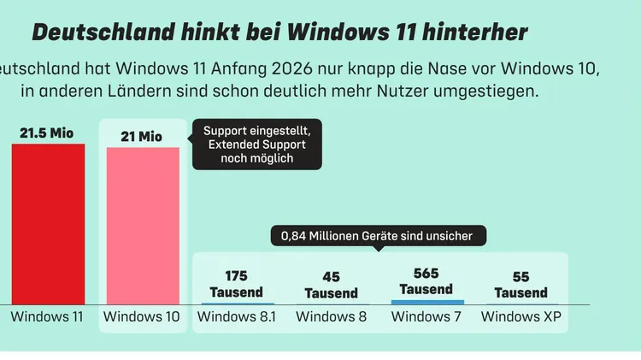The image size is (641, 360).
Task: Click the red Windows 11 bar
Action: (x=48, y=224)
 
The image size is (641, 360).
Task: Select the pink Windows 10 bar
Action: (x=143, y=226)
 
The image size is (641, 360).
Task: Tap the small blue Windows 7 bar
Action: (x=427, y=302)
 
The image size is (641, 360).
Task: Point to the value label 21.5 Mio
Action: (x=48, y=133)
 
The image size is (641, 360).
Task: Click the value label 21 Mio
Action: (x=143, y=137)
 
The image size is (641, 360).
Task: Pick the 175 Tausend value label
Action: (x=237, y=284)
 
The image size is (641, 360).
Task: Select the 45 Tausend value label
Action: (x=331, y=285)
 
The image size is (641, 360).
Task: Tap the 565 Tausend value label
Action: (x=426, y=281)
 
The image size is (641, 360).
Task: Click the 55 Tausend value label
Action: (x=520, y=285)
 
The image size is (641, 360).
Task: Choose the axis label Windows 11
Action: (x=48, y=317)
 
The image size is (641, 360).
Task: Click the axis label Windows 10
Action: (x=142, y=317)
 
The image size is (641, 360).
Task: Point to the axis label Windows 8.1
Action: (x=237, y=317)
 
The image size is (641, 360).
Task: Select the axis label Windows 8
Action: (x=332, y=317)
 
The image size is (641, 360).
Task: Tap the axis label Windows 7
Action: (x=426, y=317)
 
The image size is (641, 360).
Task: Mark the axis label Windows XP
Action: (x=521, y=317)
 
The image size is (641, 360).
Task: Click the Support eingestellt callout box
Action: (x=257, y=145)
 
